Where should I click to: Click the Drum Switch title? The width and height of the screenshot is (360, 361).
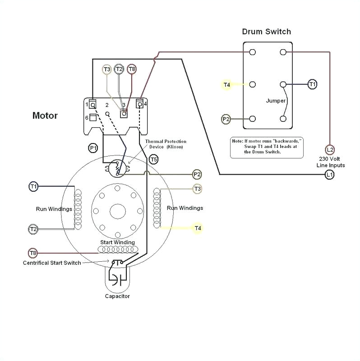pyautogui.click(x=266, y=32)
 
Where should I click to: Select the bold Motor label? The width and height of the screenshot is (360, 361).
pyautogui.click(x=45, y=116)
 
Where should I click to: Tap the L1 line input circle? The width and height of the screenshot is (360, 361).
pyautogui.click(x=330, y=175)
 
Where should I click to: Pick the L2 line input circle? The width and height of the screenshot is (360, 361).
pyautogui.click(x=330, y=149)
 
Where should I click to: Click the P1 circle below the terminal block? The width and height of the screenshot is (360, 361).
pyautogui.click(x=93, y=148)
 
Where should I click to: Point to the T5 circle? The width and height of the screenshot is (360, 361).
pyautogui.click(x=153, y=159)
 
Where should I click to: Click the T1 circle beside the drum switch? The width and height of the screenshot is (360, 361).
pyautogui.click(x=312, y=84)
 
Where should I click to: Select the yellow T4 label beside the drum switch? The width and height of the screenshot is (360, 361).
pyautogui.click(x=226, y=84)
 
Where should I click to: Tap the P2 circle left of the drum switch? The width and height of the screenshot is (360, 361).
pyautogui.click(x=226, y=119)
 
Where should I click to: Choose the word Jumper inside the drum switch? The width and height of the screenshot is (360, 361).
pyautogui.click(x=276, y=101)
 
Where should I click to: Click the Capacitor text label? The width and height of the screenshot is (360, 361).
pyautogui.click(x=117, y=296)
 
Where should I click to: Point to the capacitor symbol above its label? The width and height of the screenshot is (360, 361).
pyautogui.click(x=117, y=279)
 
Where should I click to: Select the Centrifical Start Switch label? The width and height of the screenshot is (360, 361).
pyautogui.click(x=52, y=263)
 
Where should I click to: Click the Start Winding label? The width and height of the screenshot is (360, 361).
pyautogui.click(x=117, y=242)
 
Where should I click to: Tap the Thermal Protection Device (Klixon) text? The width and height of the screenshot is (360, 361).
pyautogui.click(x=166, y=144)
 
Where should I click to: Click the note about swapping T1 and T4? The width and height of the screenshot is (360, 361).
pyautogui.click(x=267, y=147)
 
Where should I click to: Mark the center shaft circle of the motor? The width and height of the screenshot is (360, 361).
pyautogui.click(x=117, y=211)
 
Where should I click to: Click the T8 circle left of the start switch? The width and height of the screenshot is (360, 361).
pyautogui.click(x=33, y=253)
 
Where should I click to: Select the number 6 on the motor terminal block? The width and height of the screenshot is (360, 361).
pyautogui.click(x=87, y=117)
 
